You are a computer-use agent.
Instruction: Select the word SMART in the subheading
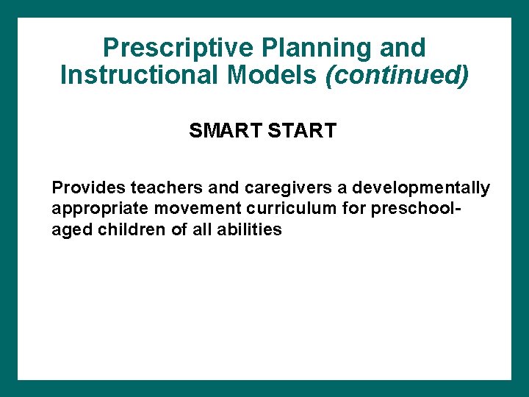coord(218,131)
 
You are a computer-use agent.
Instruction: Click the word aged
coord(70,230)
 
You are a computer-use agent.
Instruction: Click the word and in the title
coord(402,48)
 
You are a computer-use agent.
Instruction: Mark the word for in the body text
coord(354,209)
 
